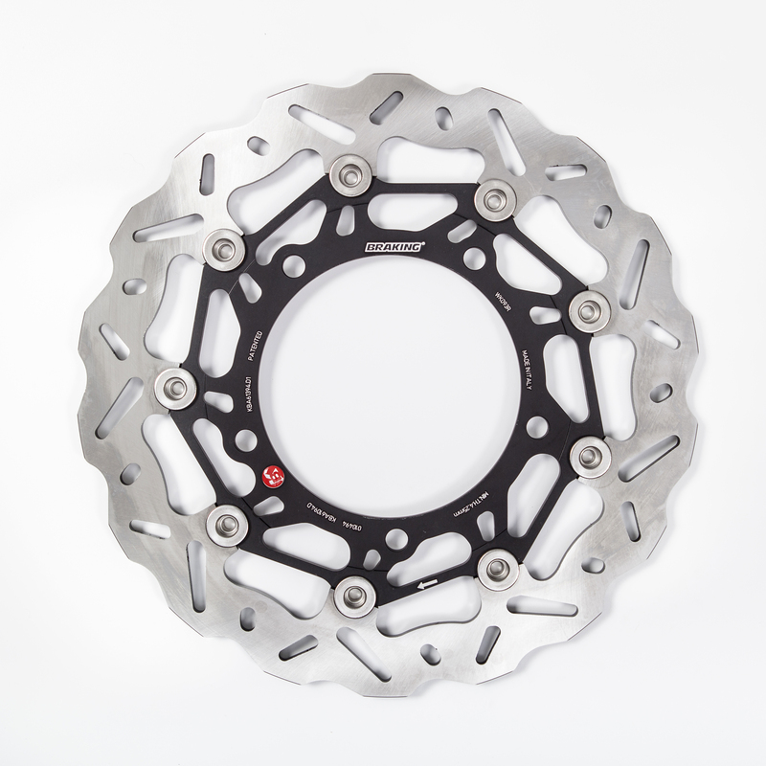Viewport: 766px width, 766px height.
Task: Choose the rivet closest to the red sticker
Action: click(x=226, y=522)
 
